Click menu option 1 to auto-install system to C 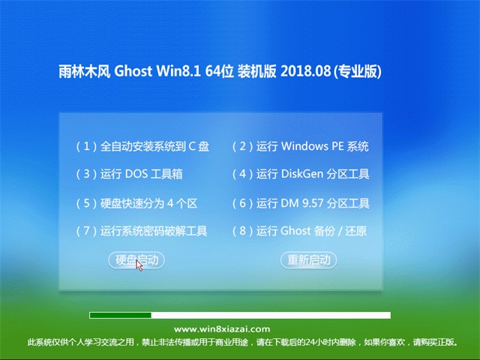(142, 146)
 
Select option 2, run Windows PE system (300, 146)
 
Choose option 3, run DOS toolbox (129, 174)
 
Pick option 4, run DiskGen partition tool (301, 174)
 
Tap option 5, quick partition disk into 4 (136, 203)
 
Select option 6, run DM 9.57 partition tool (301, 203)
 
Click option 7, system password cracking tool (142, 231)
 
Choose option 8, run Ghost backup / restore (299, 231)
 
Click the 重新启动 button (308, 260)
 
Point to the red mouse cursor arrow (139, 265)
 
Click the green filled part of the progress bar (120, 315)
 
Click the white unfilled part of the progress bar (271, 315)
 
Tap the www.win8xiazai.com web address (222, 329)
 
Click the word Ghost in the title (133, 71)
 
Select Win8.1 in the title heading (178, 71)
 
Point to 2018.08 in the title (305, 71)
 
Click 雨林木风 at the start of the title (84, 71)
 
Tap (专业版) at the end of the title (357, 71)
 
